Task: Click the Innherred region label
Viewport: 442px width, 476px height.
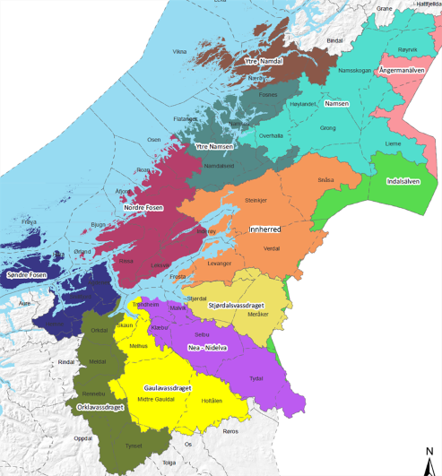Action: click(265, 229)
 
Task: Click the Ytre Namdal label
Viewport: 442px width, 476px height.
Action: click(264, 61)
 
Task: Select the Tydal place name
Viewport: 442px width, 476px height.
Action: click(257, 377)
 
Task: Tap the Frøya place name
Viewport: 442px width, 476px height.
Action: click(29, 221)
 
